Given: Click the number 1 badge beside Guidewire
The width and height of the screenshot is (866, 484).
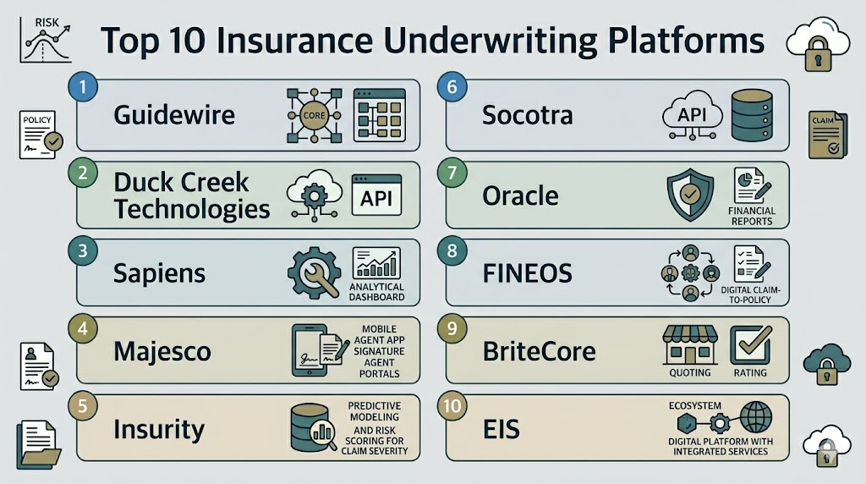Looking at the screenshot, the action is (83, 87).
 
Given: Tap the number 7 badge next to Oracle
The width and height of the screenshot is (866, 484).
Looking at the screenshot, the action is (452, 173).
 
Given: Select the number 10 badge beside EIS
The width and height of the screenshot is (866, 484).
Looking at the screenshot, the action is (452, 406).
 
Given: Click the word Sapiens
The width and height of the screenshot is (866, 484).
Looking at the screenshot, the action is (159, 274).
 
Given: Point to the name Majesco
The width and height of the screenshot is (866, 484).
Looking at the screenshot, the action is (162, 352).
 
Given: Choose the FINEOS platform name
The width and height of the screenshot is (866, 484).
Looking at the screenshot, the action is (528, 273).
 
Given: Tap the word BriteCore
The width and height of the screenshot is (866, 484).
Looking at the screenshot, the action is (539, 351).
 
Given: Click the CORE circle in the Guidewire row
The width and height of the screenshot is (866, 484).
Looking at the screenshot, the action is (315, 115).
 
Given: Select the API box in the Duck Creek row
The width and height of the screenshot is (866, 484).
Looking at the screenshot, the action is (376, 195).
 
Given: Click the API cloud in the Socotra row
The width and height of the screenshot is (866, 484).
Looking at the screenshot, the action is (693, 113).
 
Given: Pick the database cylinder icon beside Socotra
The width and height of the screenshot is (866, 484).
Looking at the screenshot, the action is (752, 115).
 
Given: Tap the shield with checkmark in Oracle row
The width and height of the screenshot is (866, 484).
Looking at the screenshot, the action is (690, 195).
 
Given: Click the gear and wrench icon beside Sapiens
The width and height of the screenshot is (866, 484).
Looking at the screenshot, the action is (315, 273).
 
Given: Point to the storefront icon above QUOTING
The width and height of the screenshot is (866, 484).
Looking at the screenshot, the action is (690, 344).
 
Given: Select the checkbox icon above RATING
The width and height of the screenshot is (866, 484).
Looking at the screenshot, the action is (751, 344).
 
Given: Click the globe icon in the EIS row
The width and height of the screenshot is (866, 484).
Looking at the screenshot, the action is (755, 417).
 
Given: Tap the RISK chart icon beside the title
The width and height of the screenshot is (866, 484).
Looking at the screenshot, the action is (46, 40).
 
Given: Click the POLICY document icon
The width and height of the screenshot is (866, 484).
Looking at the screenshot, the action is (40, 135).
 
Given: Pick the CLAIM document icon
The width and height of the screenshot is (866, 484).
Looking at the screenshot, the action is (827, 135).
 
